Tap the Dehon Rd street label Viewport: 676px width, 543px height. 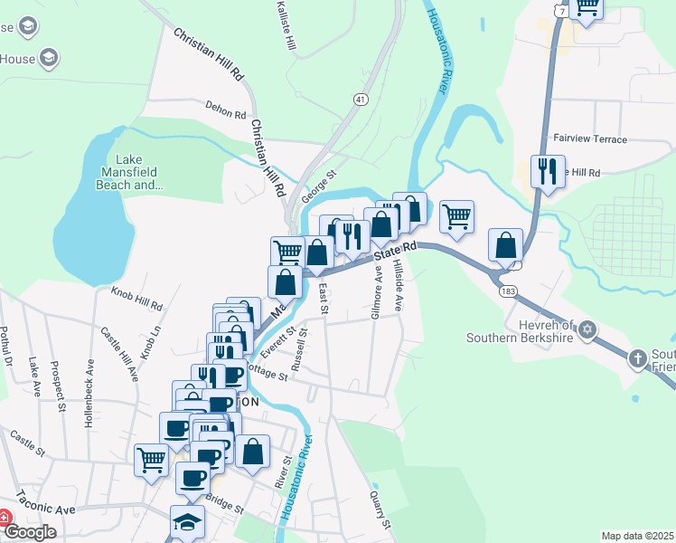pos(226,110)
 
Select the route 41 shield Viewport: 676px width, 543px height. pos(361,100)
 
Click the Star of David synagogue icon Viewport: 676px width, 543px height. pos(587,329)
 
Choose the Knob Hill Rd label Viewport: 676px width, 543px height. pos(136,299)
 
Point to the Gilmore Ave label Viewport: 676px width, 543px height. pos(376,291)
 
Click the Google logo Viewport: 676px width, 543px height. pos(31,532)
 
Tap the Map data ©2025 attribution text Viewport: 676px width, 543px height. pos(636,536)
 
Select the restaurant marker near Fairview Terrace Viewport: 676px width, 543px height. pos(547,171)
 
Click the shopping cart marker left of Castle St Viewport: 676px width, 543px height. pos(151,459)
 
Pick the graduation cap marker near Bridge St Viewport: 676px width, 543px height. pos(187,521)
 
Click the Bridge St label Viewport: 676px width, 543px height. pos(225,505)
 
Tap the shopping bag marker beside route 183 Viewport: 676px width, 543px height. pos(505,245)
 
